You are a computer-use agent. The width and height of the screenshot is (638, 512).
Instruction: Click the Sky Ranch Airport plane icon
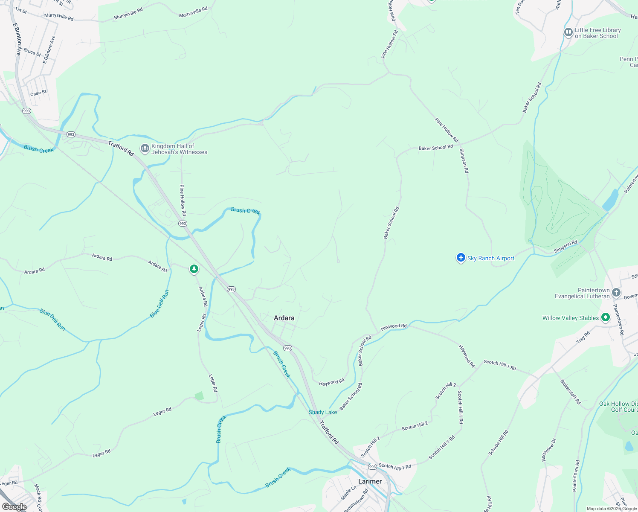click(461, 258)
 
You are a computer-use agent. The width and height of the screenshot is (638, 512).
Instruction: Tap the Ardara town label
click(284, 318)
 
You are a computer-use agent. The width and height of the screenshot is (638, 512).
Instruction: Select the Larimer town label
click(370, 481)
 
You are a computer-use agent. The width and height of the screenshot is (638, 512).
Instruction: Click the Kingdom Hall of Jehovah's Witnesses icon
click(145, 149)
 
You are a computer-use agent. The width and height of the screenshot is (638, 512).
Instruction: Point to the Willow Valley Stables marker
click(605, 317)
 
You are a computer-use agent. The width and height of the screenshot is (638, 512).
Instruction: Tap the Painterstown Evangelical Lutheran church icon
click(616, 293)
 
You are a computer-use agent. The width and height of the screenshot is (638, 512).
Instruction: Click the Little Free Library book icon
click(568, 32)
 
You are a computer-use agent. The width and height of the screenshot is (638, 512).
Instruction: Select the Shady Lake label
click(323, 412)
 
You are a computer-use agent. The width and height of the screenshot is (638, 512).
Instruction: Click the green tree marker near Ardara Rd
click(194, 269)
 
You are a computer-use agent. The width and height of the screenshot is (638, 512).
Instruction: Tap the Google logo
click(14, 507)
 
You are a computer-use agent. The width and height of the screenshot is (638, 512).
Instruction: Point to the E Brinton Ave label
click(17, 39)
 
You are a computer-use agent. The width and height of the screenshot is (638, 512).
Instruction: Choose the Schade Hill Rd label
click(499, 443)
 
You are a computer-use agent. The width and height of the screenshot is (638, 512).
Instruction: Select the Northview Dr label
click(548, 450)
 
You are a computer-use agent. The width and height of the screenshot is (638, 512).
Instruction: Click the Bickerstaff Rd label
click(570, 392)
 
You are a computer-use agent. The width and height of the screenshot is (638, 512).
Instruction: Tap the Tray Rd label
click(583, 337)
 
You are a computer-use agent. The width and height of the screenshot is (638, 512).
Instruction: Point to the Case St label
click(38, 93)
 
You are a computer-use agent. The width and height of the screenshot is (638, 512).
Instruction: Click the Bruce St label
click(32, 52)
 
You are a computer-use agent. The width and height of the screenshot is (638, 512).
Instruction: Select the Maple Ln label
click(348, 493)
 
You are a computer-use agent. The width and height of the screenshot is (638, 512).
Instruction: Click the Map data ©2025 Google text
click(611, 509)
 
